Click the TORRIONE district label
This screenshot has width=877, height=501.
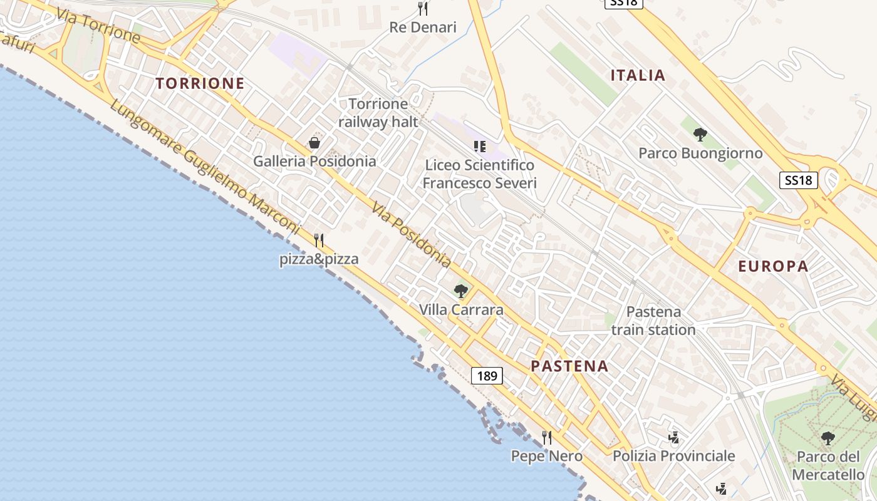tap(200, 83)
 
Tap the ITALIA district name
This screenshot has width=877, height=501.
tap(638, 76)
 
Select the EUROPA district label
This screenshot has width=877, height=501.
tap(773, 266)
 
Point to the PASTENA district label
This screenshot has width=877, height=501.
tap(569, 366)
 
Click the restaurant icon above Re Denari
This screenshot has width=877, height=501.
tap(423, 9)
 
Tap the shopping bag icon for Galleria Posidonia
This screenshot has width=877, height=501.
tap(314, 143)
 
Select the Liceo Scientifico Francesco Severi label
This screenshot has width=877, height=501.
tap(480, 174)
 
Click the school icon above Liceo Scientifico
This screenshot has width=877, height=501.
tap(480, 147)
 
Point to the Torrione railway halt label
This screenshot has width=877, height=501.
tap(378, 113)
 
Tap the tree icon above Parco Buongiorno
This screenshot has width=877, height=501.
tap(700, 134)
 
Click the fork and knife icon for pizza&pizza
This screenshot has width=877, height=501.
tap(319, 240)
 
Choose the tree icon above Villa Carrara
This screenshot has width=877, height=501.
tap(461, 291)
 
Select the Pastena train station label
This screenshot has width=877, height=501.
tap(653, 321)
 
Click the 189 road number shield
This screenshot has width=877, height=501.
tap(487, 376)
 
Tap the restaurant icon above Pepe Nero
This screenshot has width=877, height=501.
tap(547, 437)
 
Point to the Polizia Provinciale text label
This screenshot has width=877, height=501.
tap(673, 456)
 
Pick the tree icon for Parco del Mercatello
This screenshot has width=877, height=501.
tap(828, 438)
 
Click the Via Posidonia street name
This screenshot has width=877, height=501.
tap(410, 234)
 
